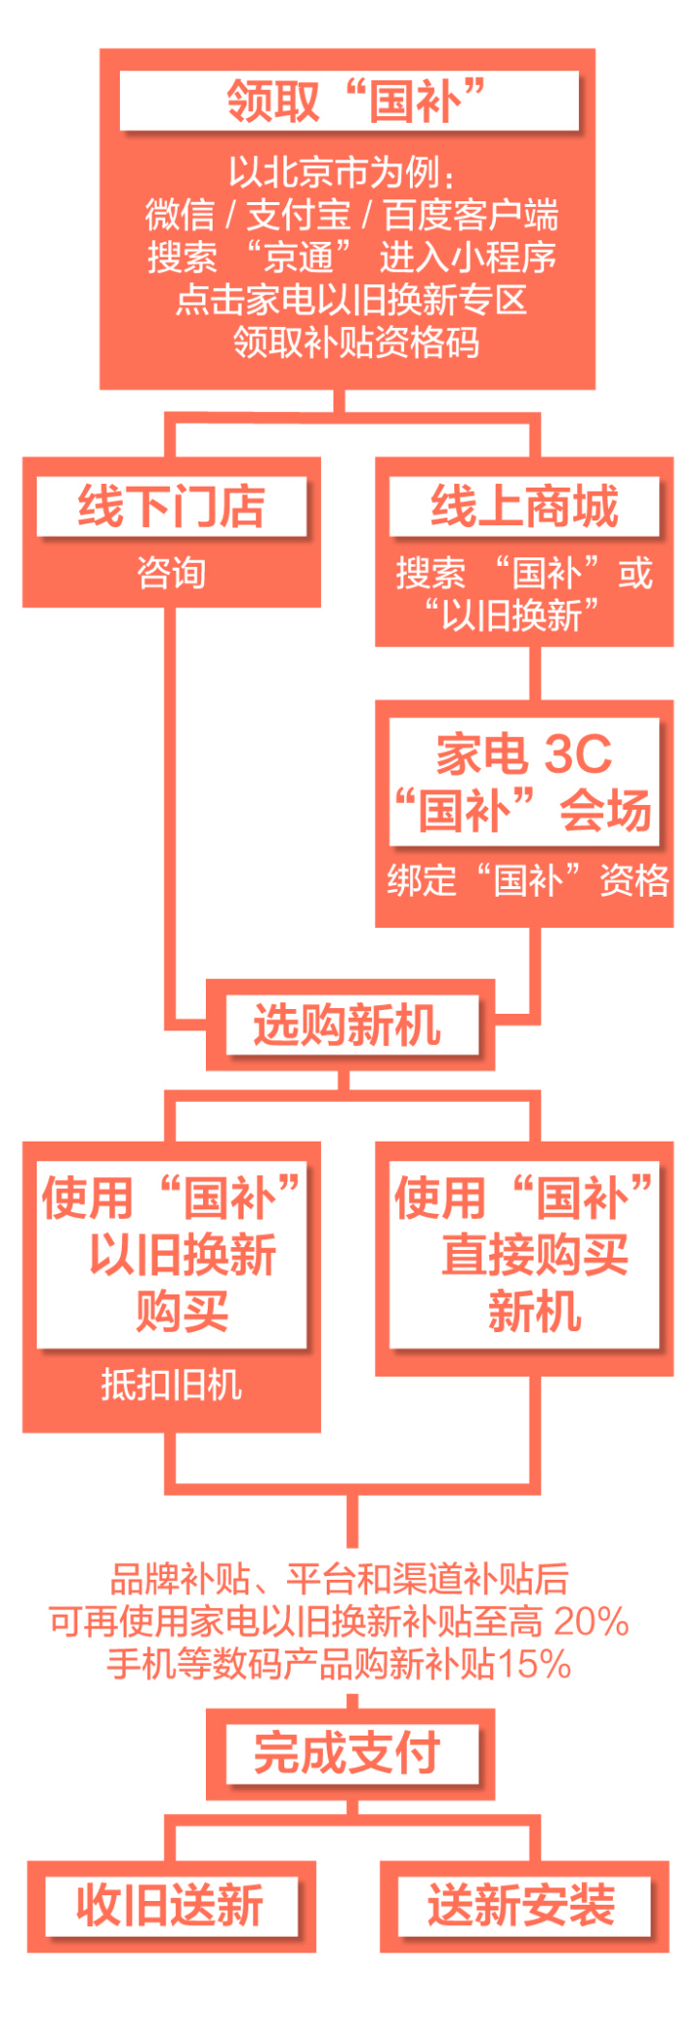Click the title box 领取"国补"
point(349,101)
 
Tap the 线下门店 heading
point(171,506)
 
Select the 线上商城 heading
point(524,506)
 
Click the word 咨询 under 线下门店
point(171,573)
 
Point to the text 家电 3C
point(524,754)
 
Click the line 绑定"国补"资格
point(528,880)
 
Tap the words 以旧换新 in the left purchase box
point(183,1255)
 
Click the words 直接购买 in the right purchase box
point(535,1255)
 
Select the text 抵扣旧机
point(171,1384)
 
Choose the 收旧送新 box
point(171,1905)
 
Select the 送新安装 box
point(524,1905)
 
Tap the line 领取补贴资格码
point(356,342)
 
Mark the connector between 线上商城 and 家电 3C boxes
point(535,673)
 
